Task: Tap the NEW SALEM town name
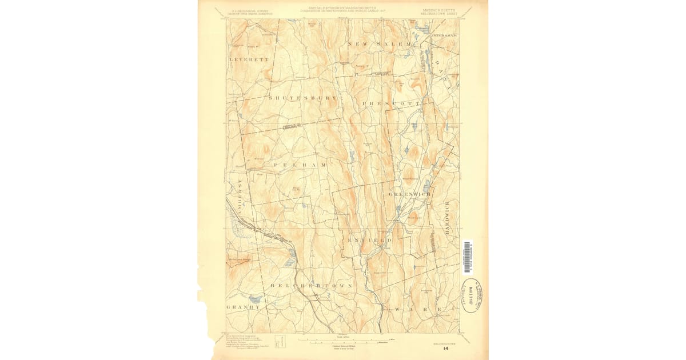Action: [x=380, y=44]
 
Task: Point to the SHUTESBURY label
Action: [x=302, y=98]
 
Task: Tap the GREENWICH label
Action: [x=409, y=194]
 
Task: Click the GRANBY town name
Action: [x=243, y=307]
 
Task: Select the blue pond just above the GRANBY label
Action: [x=255, y=298]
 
